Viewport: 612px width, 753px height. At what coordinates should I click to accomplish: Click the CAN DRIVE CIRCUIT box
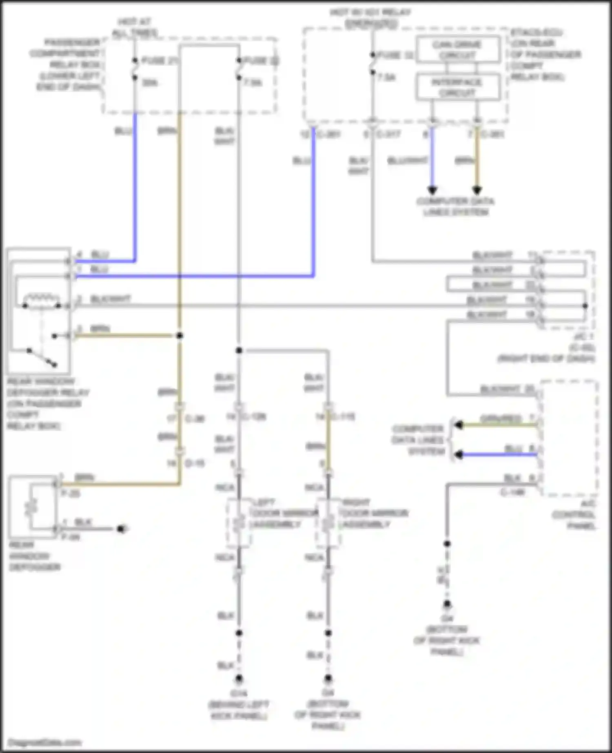coord(458,49)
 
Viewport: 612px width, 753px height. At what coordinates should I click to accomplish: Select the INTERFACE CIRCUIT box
coord(458,87)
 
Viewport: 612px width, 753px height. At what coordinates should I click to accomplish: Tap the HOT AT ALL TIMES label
coord(135,27)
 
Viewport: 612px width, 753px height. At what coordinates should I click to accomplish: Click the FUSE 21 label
coord(160,61)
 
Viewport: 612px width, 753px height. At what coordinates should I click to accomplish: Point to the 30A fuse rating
coord(150,83)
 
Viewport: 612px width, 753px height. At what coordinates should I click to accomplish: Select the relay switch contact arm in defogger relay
coord(42,357)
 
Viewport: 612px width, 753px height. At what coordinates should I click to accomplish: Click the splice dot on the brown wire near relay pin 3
coord(180,335)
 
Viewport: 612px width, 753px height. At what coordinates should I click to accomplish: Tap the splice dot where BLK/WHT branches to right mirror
coord(239,350)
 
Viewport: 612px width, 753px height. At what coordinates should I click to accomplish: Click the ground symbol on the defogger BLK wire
coord(121,529)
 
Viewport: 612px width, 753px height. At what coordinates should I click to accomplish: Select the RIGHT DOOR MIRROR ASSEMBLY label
coord(374,513)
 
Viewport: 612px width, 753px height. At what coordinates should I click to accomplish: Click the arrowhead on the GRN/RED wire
coord(459,425)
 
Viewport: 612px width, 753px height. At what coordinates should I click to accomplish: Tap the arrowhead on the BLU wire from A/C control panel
coord(459,454)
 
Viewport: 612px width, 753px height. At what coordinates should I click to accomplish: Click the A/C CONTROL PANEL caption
coord(575,515)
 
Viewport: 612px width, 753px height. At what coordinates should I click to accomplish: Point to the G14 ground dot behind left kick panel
coord(239,679)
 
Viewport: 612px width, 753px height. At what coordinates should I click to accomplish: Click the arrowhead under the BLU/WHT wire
coord(432,190)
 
